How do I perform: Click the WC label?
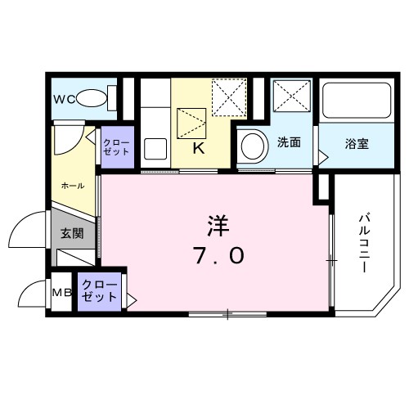click(65, 99)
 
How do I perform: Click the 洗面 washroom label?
click(288, 142)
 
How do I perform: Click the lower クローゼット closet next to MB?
click(101, 290)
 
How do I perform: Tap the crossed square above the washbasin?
click(291, 98)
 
